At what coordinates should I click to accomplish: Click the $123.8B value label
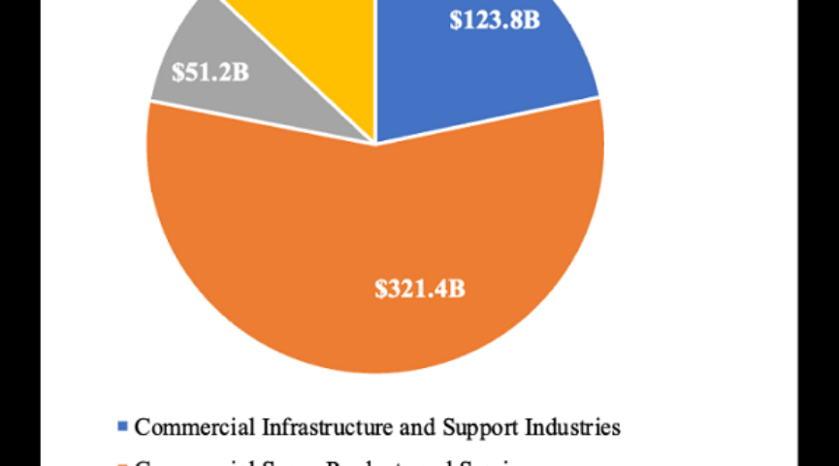(495, 19)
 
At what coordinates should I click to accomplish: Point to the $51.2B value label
(210, 73)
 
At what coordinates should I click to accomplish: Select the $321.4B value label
(420, 288)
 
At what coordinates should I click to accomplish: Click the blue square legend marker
(122, 426)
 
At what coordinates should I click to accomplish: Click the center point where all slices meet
(375, 143)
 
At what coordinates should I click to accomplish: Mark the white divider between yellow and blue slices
(375, 68)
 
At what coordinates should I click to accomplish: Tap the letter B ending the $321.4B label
(457, 288)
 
